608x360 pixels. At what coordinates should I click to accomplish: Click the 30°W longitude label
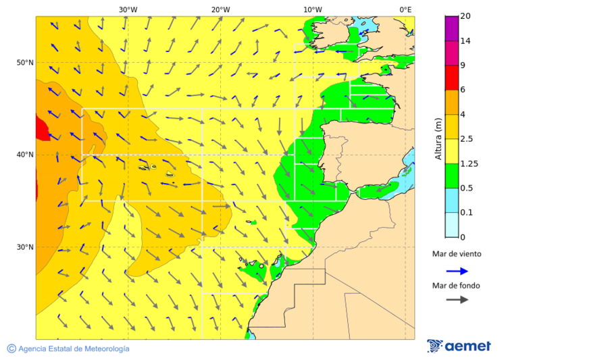pyautogui.click(x=128, y=9)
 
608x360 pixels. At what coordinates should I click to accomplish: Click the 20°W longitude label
pyautogui.click(x=220, y=9)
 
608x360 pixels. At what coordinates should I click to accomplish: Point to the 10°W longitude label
pyautogui.click(x=312, y=9)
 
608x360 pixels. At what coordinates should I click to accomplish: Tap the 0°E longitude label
pyautogui.click(x=405, y=9)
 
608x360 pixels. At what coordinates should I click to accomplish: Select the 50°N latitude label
pyautogui.click(x=25, y=63)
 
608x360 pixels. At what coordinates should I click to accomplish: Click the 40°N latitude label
pyautogui.click(x=25, y=155)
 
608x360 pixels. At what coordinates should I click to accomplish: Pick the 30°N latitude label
pyautogui.click(x=25, y=247)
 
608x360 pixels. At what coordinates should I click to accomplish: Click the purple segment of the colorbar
pyautogui.click(x=452, y=28)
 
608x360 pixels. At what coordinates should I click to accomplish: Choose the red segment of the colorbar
pyautogui.click(x=452, y=78)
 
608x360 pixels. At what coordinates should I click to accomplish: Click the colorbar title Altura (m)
pyautogui.click(x=438, y=138)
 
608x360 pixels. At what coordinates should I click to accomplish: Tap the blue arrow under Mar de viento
pyautogui.click(x=457, y=271)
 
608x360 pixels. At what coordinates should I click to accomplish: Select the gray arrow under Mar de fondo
pyautogui.click(x=457, y=299)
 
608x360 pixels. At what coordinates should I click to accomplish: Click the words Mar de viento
pyautogui.click(x=457, y=254)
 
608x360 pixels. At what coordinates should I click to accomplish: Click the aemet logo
pyautogui.click(x=459, y=346)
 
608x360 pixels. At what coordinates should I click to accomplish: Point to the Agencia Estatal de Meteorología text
pyautogui.click(x=68, y=349)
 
